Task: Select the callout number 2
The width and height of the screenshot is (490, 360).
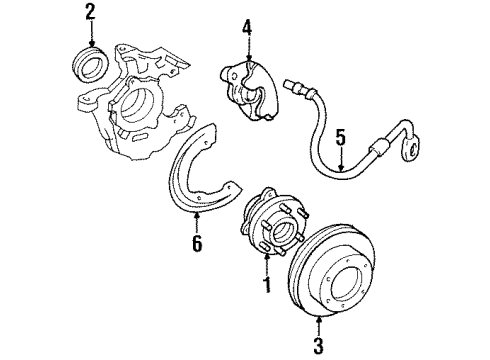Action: pyautogui.click(x=90, y=13)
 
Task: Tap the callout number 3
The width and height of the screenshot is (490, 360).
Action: pyautogui.click(x=319, y=347)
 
